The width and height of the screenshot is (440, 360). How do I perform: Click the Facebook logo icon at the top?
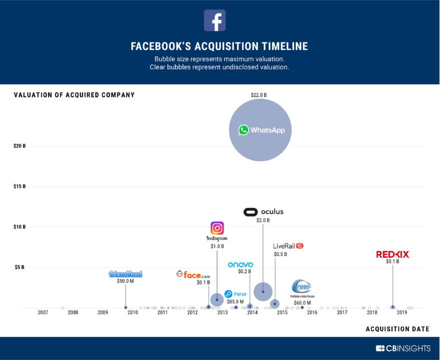tap(214, 20)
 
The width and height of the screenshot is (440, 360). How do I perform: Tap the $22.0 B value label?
tap(258, 94)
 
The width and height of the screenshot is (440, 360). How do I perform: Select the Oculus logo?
tap(263, 212)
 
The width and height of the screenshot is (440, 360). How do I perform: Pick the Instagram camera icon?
tap(217, 228)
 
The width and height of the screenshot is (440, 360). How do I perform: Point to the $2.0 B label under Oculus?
tap(263, 220)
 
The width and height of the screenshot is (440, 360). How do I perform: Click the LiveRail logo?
tap(288, 246)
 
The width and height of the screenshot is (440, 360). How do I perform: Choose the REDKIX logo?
tap(392, 254)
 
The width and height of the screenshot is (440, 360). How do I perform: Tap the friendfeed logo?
tap(125, 274)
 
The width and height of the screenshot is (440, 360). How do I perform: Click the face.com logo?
tap(193, 274)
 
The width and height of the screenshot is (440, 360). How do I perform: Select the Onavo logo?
tap(240, 264)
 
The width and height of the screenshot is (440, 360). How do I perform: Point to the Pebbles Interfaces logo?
tap(301, 287)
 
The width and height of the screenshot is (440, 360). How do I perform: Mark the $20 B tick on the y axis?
tap(19, 146)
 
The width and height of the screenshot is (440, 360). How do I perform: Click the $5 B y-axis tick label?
tap(20, 267)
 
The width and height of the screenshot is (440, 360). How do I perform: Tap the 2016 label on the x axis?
tap(312, 312)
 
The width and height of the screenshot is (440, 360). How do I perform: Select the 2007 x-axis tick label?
tap(42, 312)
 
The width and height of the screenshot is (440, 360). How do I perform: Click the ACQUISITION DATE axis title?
tap(397, 328)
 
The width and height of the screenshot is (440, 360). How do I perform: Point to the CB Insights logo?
tap(404, 348)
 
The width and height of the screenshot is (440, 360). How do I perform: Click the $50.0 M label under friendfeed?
tap(125, 281)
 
